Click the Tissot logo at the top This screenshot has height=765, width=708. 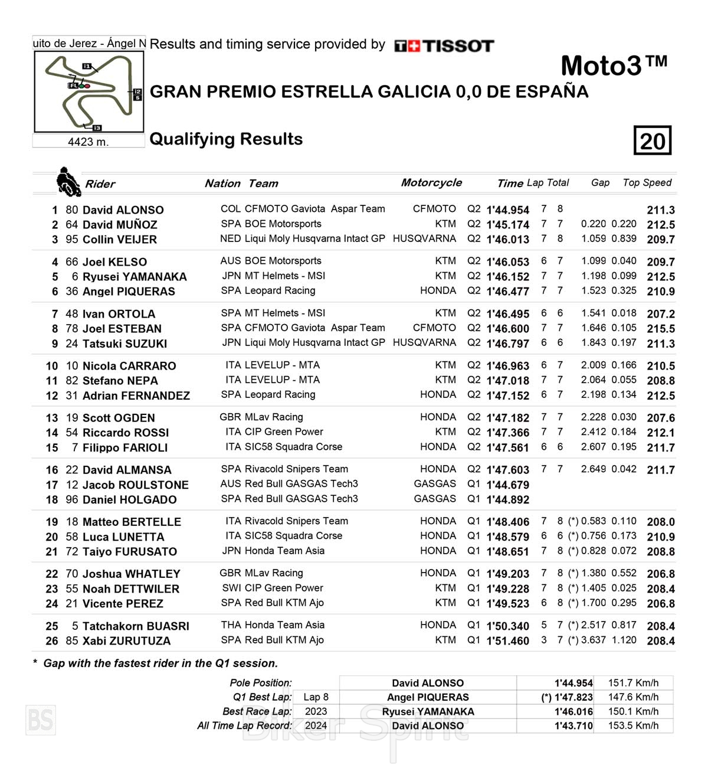[444, 46]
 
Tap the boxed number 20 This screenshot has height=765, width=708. [653, 141]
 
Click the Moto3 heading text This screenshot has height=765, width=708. [614, 66]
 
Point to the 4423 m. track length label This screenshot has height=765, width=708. [88, 142]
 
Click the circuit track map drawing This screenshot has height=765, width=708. [88, 91]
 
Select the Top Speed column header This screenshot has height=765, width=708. [647, 183]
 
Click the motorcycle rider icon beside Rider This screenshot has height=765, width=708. [68, 182]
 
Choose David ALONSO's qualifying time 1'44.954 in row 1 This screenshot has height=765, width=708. [507, 210]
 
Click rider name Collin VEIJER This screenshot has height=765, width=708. [120, 240]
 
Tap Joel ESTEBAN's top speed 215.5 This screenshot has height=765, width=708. [660, 329]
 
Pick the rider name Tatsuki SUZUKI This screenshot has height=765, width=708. [124, 344]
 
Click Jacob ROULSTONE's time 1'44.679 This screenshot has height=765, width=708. [507, 485]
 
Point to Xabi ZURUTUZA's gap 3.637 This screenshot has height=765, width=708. [594, 640]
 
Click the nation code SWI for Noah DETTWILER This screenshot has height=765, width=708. [231, 588]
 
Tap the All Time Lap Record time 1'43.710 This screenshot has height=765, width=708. [573, 726]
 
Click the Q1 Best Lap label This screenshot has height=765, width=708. [262, 697]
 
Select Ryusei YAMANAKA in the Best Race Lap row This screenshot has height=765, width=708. [428, 712]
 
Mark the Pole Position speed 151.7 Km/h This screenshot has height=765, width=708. [633, 683]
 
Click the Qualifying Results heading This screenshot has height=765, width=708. [226, 139]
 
